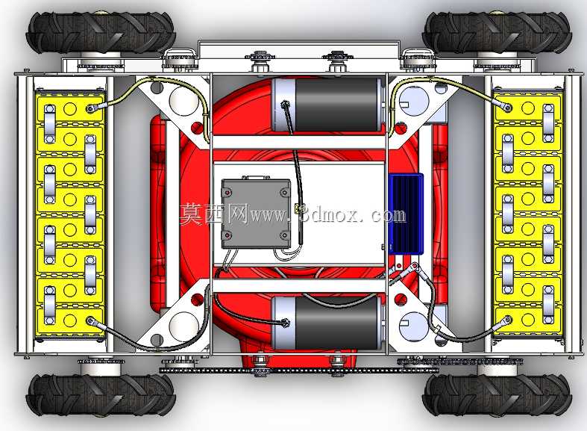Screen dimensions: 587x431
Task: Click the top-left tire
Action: click(x=101, y=32)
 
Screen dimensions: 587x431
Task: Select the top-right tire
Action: click(x=497, y=32)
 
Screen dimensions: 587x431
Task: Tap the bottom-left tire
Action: click(x=101, y=394)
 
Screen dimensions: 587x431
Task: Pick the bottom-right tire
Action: click(x=497, y=394)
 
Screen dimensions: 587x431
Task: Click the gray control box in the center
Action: click(x=256, y=214)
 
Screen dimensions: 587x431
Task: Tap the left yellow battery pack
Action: click(x=70, y=214)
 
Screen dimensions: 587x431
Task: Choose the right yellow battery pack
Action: click(x=528, y=214)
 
